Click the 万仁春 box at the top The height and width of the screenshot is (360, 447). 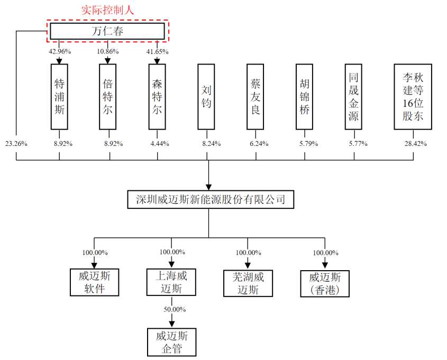click(x=107, y=31)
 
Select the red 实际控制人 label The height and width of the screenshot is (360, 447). click(x=107, y=10)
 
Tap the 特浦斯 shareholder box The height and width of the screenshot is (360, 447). click(x=59, y=97)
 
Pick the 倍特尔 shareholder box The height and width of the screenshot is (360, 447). click(x=108, y=97)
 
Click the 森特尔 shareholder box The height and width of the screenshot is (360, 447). click(x=157, y=97)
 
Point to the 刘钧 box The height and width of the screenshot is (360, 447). click(x=206, y=97)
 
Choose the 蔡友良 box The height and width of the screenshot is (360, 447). click(x=256, y=97)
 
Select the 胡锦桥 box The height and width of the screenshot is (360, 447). click(x=304, y=97)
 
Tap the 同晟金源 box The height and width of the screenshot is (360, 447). click(x=353, y=97)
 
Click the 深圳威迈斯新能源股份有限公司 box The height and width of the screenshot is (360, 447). click(x=211, y=200)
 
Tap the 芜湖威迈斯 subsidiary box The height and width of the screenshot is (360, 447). click(x=248, y=283)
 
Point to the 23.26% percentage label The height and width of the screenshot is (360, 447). click(x=16, y=143)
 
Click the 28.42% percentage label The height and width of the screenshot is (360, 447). click(x=415, y=143)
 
